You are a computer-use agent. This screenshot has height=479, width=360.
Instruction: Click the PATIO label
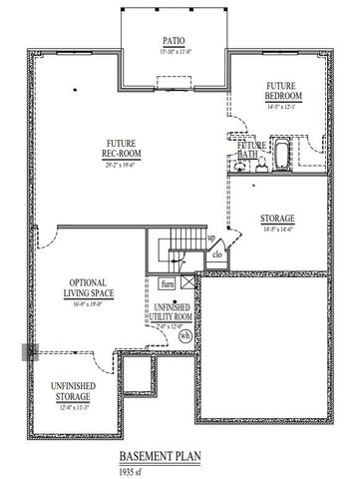tap(174, 42)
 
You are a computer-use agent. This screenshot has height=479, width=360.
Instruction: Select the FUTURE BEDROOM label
tap(284, 91)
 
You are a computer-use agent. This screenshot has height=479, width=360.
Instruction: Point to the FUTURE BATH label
tap(251, 151)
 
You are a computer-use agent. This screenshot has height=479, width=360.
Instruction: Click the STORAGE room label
tap(276, 219)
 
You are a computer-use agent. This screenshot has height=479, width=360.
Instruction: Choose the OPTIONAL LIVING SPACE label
tap(89, 287)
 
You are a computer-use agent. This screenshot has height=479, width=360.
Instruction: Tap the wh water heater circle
tap(184, 336)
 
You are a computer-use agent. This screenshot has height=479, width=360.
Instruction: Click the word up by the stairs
tap(211, 239)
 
